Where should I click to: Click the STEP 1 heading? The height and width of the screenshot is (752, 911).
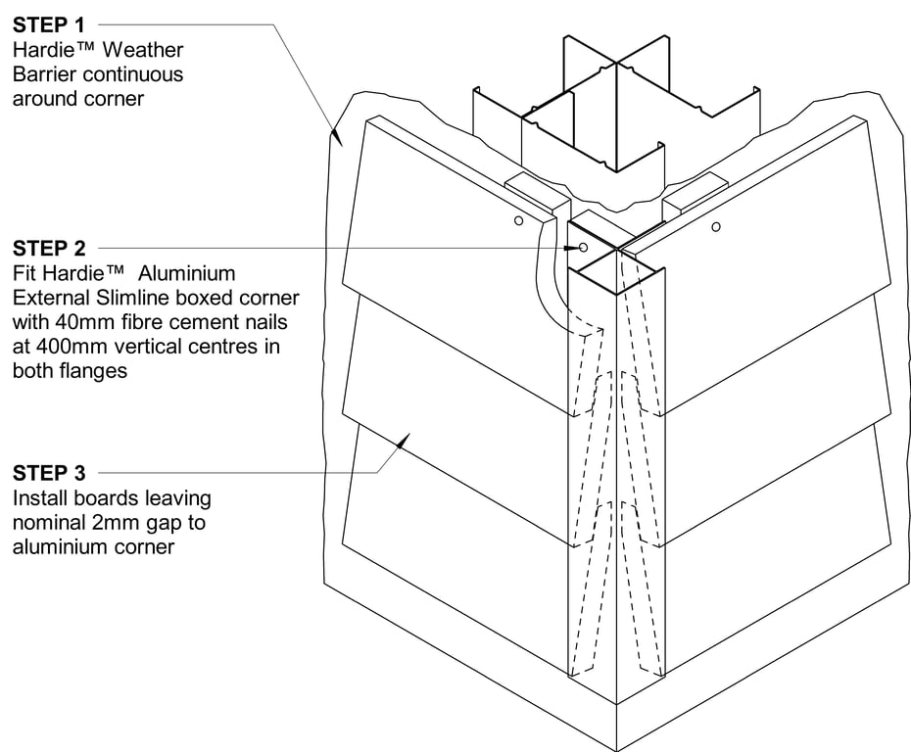pos(49,24)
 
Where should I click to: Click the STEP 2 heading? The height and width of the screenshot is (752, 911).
pos(49,249)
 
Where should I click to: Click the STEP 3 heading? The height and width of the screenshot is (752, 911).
pos(49,475)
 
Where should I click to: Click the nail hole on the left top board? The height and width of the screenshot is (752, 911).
pos(519,221)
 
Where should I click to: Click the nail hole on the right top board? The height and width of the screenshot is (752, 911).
pos(716,227)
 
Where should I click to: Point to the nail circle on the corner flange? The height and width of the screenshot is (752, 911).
pos(583,249)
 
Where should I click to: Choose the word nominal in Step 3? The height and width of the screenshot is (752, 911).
pos(47,523)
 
